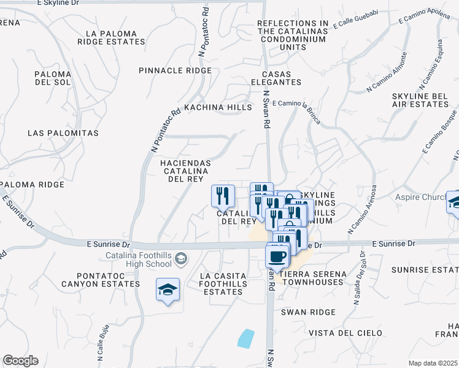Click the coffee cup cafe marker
(277, 255)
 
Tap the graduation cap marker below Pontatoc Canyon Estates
(168, 289)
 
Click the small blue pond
(245, 337)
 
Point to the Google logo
(20, 361)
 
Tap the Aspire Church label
(419, 197)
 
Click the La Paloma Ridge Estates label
(111, 37)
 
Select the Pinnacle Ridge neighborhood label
(175, 71)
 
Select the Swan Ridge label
(308, 312)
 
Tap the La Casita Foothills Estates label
(223, 284)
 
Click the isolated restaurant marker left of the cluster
(223, 196)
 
